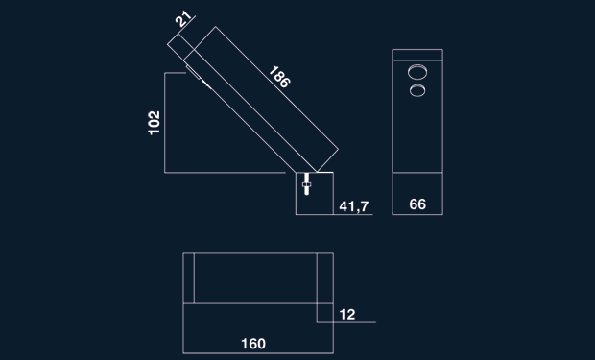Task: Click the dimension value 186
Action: click(x=279, y=77)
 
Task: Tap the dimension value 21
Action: click(x=183, y=19)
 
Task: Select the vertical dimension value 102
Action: click(x=155, y=123)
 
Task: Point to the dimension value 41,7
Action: click(x=354, y=206)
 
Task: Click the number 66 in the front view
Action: click(x=417, y=204)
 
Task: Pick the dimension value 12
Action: click(x=347, y=315)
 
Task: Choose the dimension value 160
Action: click(x=253, y=344)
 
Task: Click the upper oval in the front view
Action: click(x=417, y=72)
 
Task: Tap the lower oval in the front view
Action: click(x=417, y=90)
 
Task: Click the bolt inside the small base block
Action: click(x=306, y=184)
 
